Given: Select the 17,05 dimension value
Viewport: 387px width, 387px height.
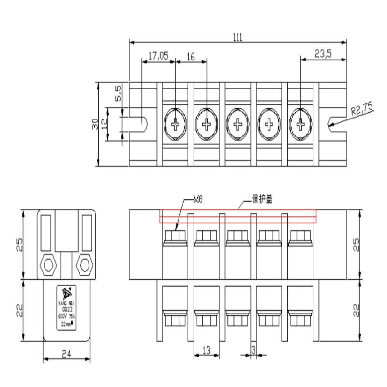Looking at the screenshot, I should tap(158, 57).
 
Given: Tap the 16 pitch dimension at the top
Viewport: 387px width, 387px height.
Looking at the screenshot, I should tap(190, 57).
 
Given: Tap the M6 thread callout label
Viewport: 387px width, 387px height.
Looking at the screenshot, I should tap(198, 199).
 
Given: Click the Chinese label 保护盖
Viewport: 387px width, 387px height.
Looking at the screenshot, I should tap(261, 199).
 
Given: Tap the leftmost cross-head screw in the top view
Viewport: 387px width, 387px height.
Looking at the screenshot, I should tap(175, 124).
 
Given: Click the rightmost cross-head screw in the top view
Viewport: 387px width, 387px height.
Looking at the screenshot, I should tap(300, 124).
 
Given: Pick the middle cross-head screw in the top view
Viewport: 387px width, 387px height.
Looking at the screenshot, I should tap(238, 124).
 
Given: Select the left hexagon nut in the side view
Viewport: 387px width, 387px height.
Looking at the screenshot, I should tap(49, 264).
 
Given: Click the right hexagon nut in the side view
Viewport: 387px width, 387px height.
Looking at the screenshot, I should tap(84, 264).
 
